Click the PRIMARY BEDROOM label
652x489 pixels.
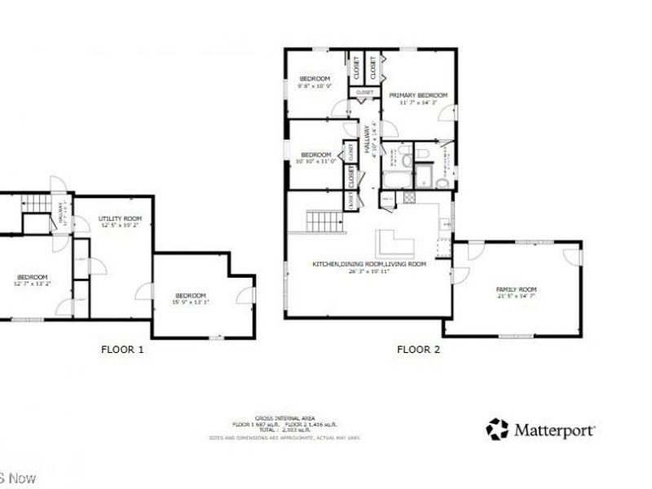coord(418,95)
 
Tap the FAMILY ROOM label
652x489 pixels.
coord(517,290)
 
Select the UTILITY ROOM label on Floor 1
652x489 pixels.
coord(120,218)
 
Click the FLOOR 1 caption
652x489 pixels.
coord(122,350)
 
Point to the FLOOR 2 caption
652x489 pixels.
coord(418,350)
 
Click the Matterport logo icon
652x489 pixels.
coord(496,428)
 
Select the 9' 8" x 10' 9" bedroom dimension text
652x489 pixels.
coord(315,86)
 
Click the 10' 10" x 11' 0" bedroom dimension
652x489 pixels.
coord(316,161)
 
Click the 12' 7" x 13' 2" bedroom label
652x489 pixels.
coord(33,284)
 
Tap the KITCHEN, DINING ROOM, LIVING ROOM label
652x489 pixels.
coord(369,265)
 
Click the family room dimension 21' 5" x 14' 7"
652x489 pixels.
coord(517,297)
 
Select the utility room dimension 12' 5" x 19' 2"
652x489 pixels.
coord(120,225)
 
